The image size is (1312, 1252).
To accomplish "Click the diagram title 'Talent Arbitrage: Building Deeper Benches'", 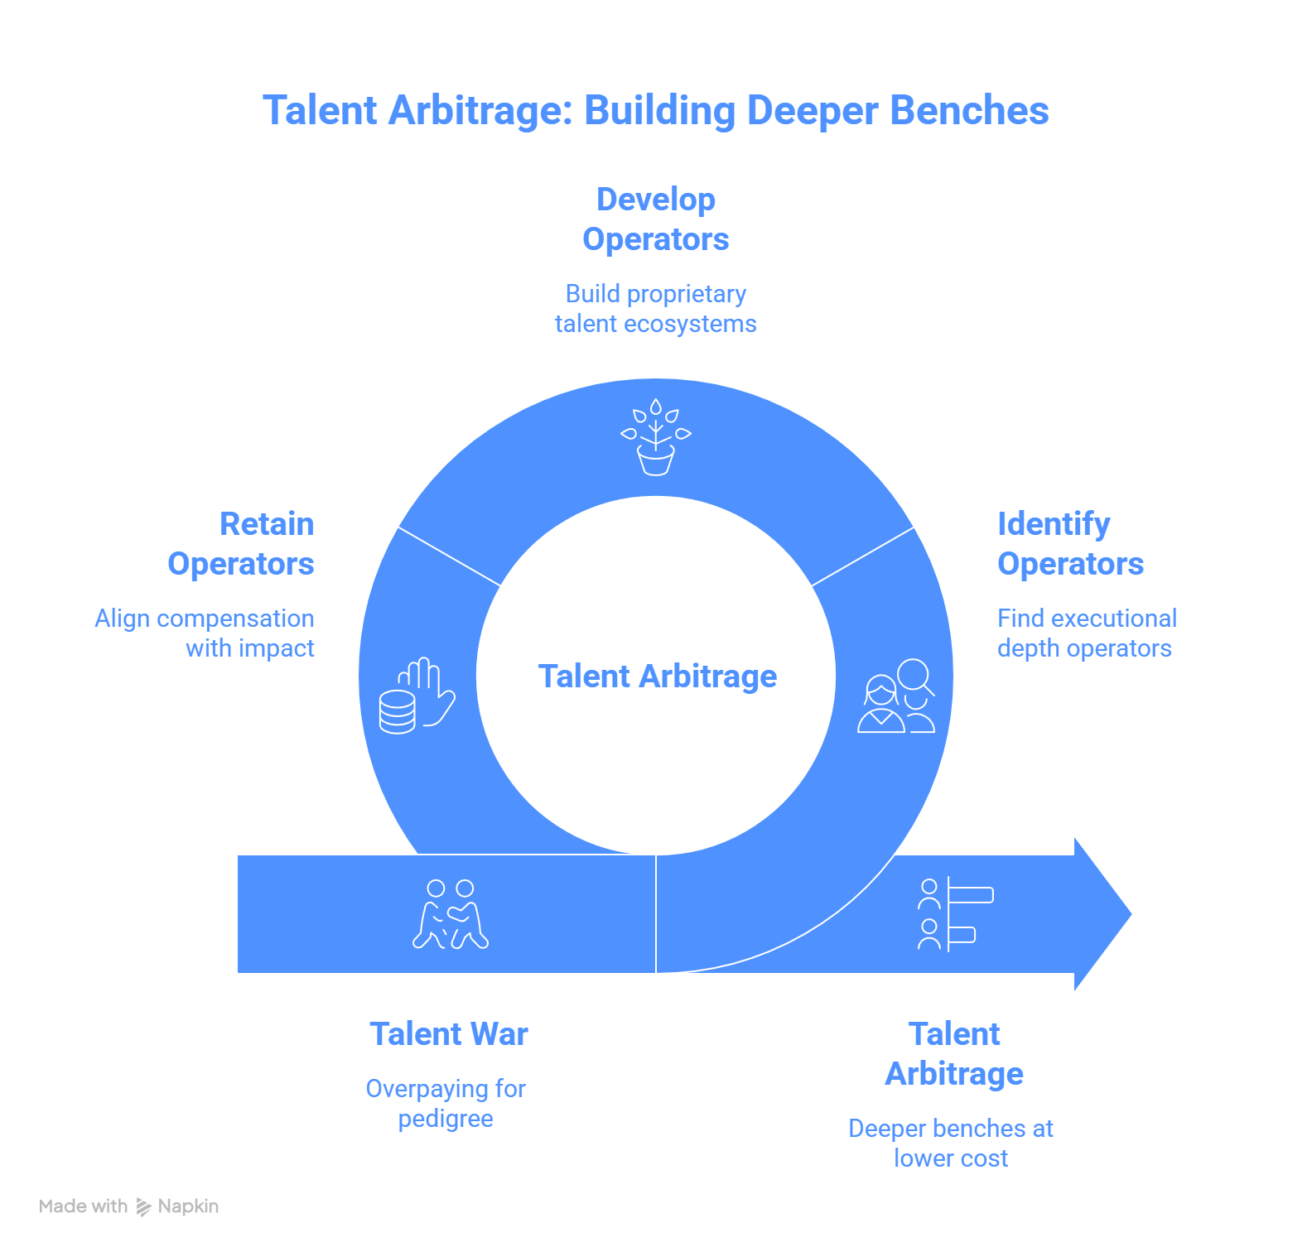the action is pyautogui.click(x=655, y=111).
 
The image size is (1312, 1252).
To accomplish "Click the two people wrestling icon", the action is pyautogui.click(x=451, y=914).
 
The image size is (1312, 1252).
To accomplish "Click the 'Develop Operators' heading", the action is pyautogui.click(x=655, y=219).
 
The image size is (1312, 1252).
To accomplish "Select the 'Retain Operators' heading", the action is pyautogui.click(x=241, y=544).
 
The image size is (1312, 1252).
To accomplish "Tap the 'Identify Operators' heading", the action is pyautogui.click(x=1070, y=544).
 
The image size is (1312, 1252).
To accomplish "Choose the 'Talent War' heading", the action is pyautogui.click(x=449, y=1034).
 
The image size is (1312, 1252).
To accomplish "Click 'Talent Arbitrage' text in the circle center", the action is pyautogui.click(x=658, y=677).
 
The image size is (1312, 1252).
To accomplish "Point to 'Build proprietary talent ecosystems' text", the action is pyautogui.click(x=655, y=309).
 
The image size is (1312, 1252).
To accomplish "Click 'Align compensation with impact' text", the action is pyautogui.click(x=205, y=633).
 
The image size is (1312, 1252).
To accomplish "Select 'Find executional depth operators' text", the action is pyautogui.click(x=1087, y=633).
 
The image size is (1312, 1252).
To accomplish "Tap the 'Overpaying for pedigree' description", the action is pyautogui.click(x=446, y=1104).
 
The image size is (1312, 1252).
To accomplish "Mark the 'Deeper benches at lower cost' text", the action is pyautogui.click(x=951, y=1144).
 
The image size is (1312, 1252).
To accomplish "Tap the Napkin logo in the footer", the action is pyautogui.click(x=144, y=1206).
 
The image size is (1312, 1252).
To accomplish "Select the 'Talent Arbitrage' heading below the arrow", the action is pyautogui.click(x=954, y=1054).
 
